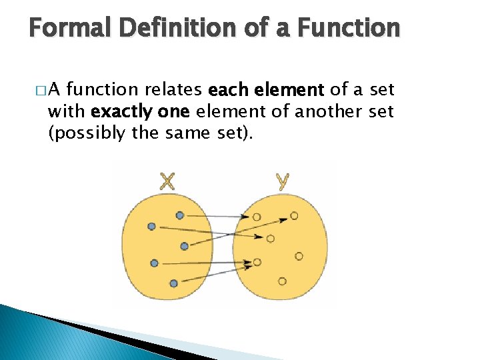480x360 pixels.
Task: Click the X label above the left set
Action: point(167,181)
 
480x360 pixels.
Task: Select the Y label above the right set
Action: point(282,181)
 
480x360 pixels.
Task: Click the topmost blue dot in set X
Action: point(179,215)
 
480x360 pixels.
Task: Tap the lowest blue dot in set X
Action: point(173,283)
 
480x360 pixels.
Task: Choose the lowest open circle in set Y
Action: point(282,281)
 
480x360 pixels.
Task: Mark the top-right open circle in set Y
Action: point(294,216)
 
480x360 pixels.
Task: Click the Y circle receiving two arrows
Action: point(257,263)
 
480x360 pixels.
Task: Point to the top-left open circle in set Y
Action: point(257,217)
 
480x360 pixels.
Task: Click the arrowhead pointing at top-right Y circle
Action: point(285,217)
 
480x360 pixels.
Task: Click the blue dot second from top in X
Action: point(151,227)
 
